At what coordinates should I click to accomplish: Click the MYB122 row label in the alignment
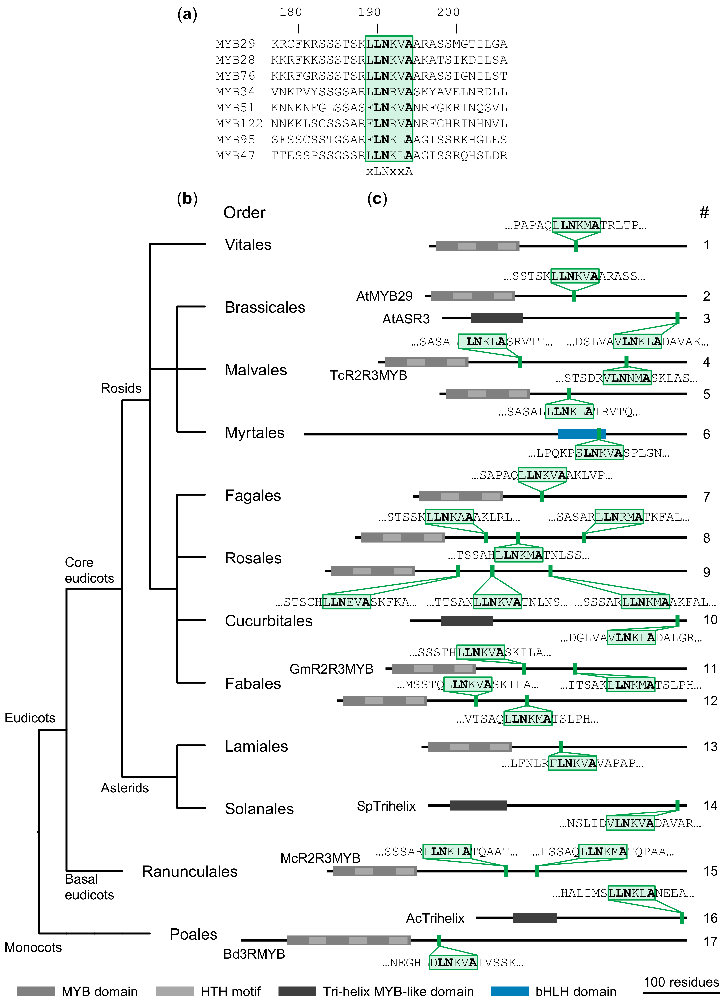[239, 124]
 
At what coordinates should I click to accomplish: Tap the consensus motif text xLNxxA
[389, 171]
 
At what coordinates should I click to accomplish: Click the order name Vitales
[248, 245]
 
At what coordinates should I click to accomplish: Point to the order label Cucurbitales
[268, 621]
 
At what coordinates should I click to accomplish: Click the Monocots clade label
[33, 947]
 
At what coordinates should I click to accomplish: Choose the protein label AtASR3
[406, 319]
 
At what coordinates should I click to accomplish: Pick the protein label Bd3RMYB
[254, 954]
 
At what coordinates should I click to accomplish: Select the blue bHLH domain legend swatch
[510, 991]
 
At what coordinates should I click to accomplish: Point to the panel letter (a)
[187, 15]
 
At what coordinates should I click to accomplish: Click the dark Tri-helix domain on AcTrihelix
[535, 918]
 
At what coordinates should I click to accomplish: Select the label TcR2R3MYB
[368, 375]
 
